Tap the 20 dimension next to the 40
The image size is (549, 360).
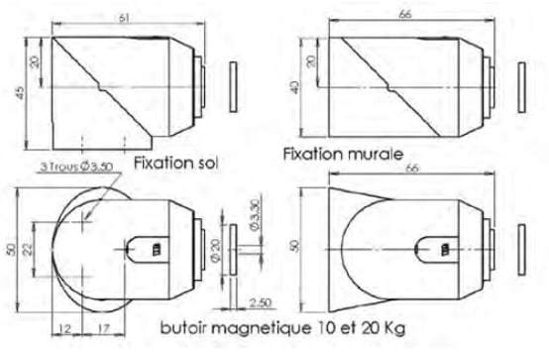click(x=311, y=61)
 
